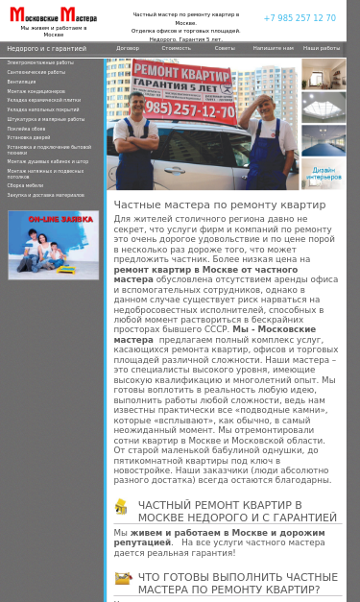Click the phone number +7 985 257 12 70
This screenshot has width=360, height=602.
(x=300, y=18)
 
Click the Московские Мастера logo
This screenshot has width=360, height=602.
(x=53, y=14)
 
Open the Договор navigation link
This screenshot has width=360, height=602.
(x=128, y=48)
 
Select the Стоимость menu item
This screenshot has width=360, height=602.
(x=176, y=48)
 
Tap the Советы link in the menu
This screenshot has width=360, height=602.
(x=225, y=48)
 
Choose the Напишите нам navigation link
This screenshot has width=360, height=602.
(x=274, y=48)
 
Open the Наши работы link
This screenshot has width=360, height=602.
(x=322, y=48)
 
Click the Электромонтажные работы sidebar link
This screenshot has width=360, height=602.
(x=40, y=62)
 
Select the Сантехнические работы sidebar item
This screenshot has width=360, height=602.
(x=36, y=72)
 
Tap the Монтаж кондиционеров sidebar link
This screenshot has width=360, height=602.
(x=37, y=91)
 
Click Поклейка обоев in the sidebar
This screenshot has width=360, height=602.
(x=27, y=129)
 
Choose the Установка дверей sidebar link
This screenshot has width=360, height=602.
(x=29, y=137)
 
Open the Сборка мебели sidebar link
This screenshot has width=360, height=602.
(x=26, y=185)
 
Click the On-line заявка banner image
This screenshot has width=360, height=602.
(x=53, y=245)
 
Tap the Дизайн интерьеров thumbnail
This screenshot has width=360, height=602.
(x=324, y=173)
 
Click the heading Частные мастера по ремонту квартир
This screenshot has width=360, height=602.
(x=220, y=205)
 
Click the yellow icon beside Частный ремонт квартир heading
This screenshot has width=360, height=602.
(x=121, y=506)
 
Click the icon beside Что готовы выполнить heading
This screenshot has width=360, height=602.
(x=123, y=578)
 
